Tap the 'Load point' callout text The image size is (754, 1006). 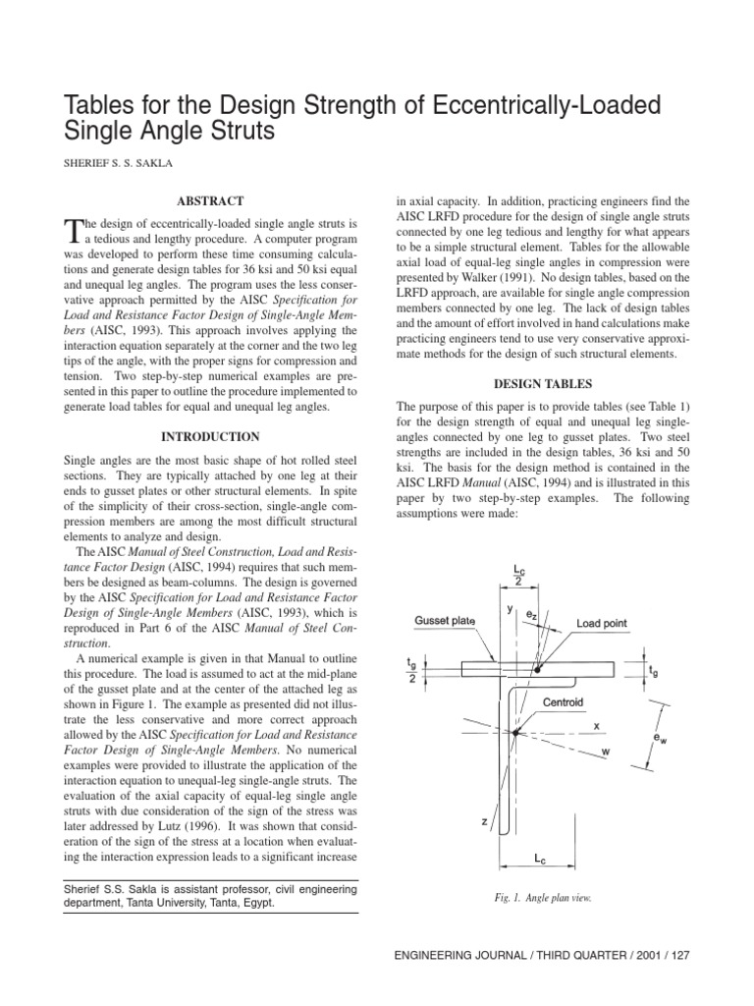tap(601, 624)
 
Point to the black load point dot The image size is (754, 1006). tap(537, 669)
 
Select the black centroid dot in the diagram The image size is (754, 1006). tap(513, 731)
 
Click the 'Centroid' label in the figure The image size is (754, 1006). tap(564, 703)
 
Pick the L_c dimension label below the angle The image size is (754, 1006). tap(540, 859)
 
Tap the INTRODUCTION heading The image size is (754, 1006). tap(210, 436)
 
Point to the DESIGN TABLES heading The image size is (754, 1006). tap(542, 383)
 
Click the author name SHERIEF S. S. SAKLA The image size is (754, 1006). tap(124, 162)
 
